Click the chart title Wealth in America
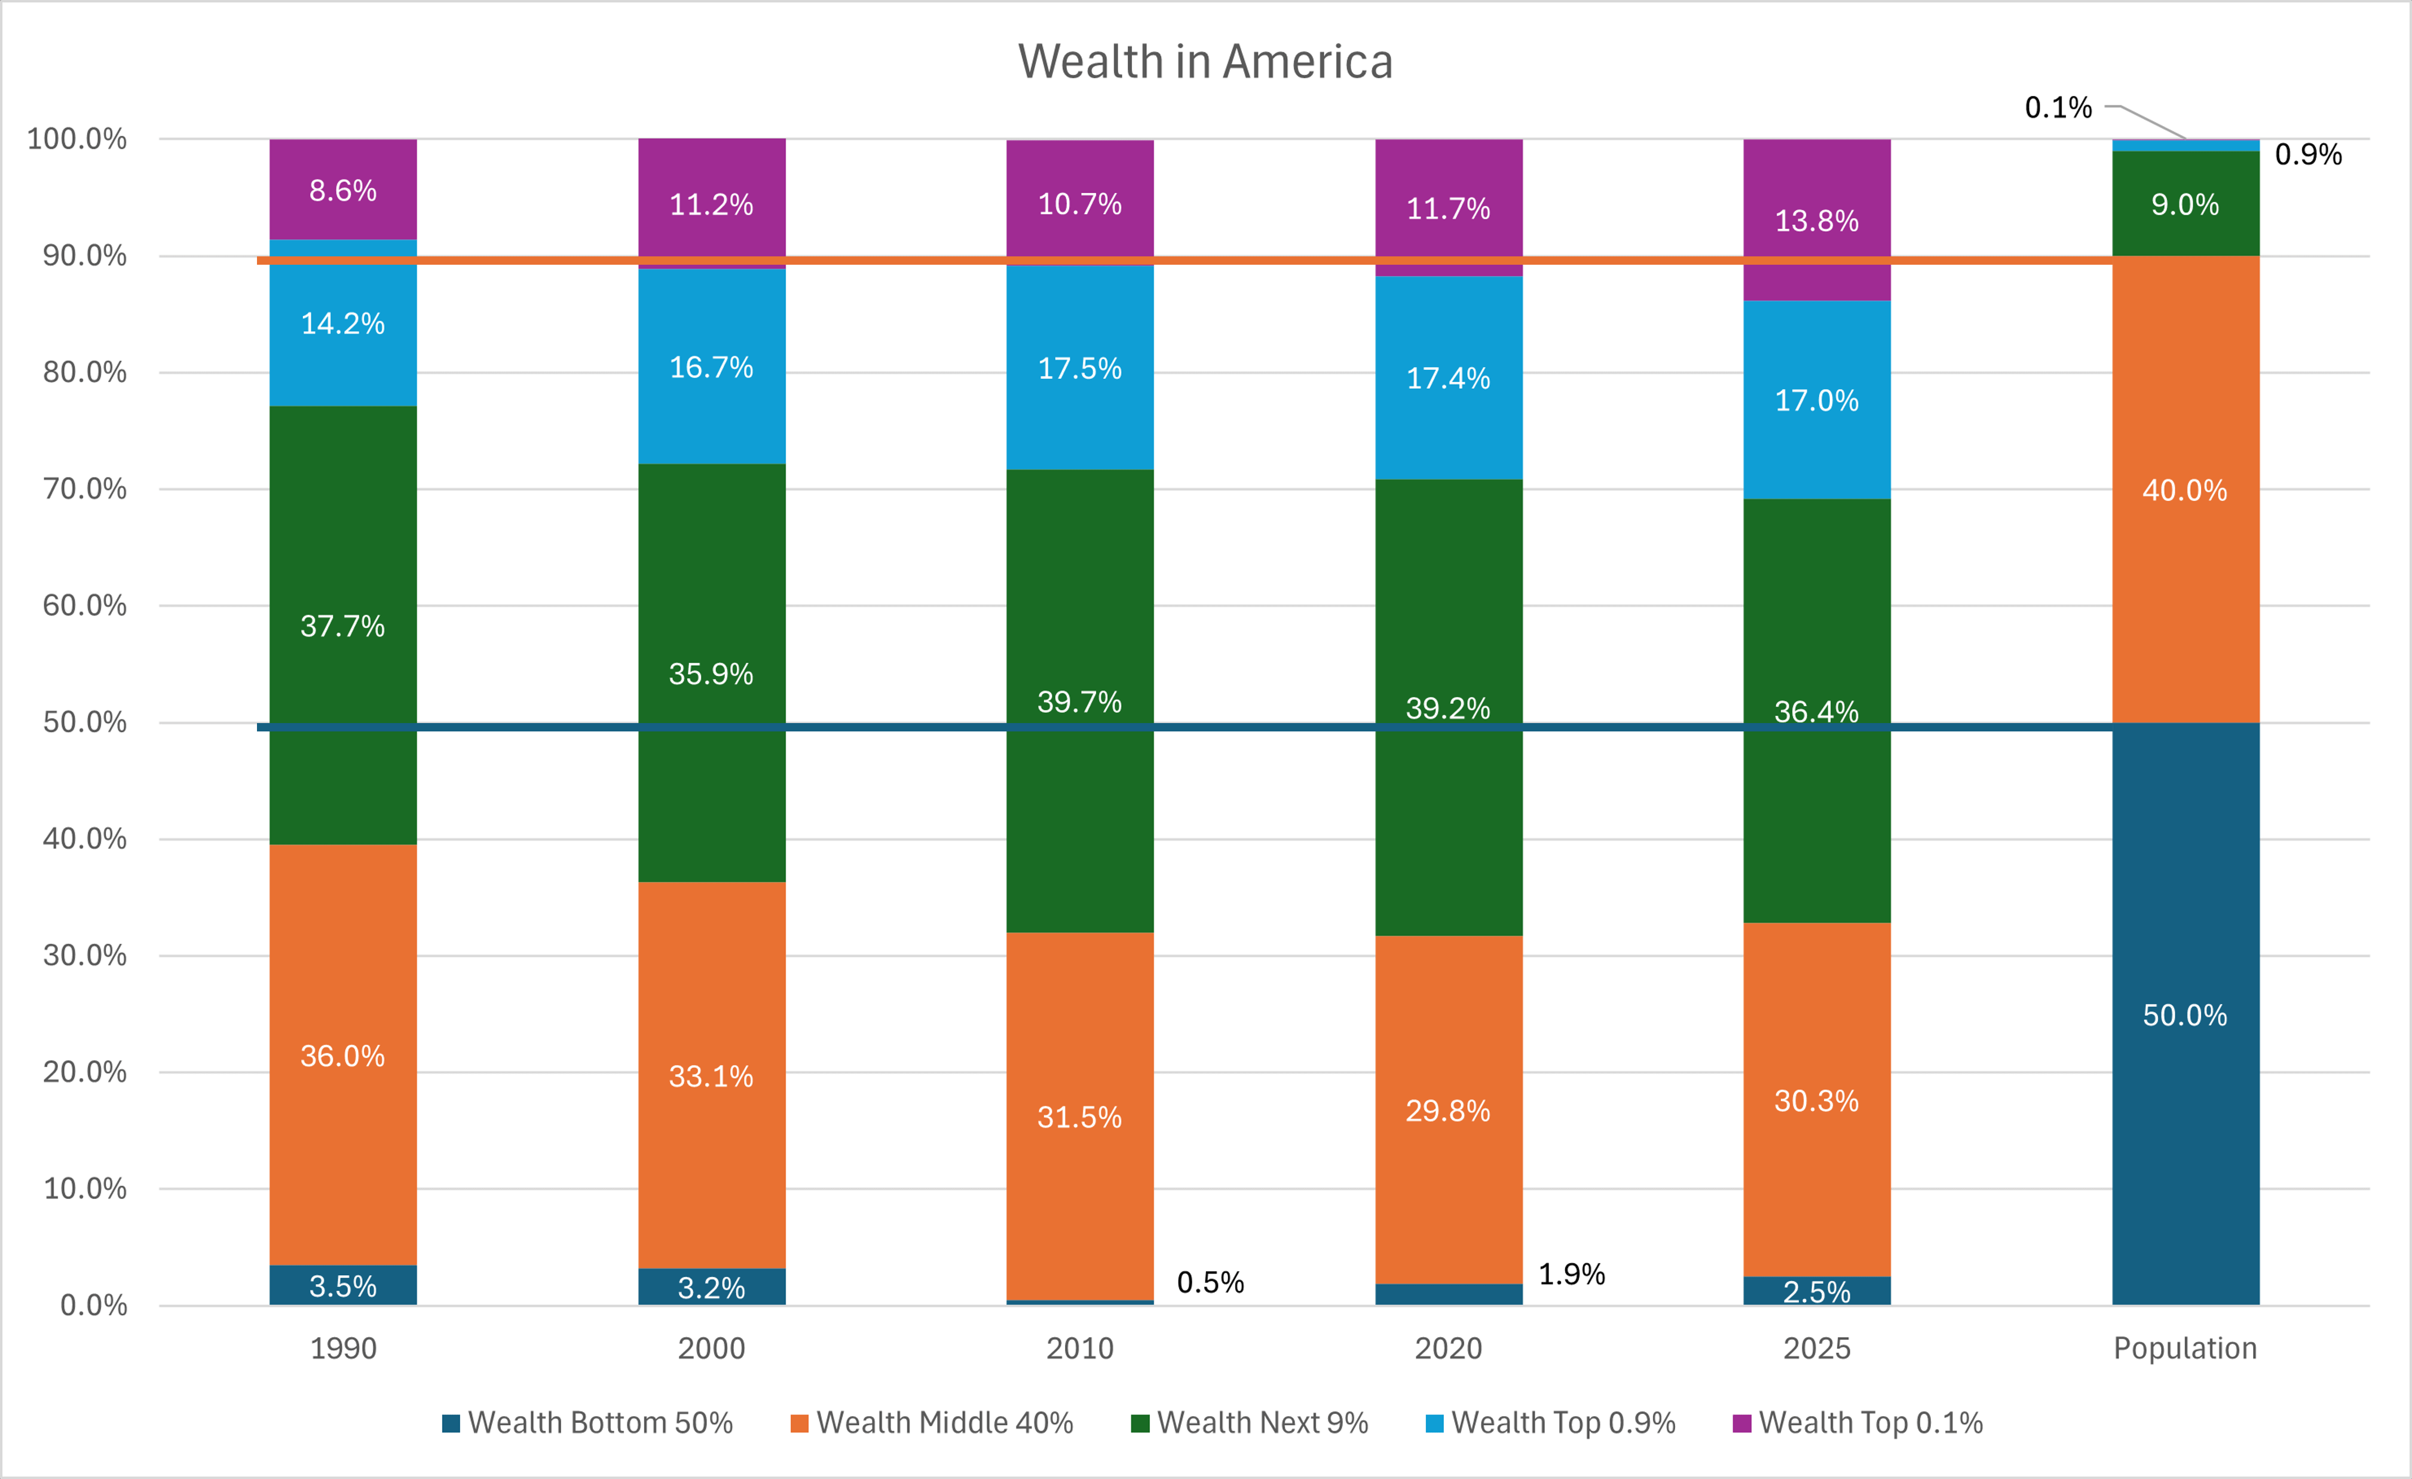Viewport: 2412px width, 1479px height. tap(1205, 62)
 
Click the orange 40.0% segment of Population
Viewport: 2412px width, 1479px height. tap(2185, 489)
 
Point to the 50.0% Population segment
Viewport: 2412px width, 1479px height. tap(2185, 1014)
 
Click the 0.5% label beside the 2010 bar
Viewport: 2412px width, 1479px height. tap(1210, 1282)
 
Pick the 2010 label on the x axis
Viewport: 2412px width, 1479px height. tap(1080, 1348)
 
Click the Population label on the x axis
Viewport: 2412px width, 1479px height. tap(2185, 1348)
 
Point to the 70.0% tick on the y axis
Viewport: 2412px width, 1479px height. tap(85, 488)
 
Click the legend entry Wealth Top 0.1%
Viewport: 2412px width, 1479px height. tap(1858, 1422)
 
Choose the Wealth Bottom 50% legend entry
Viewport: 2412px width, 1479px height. tap(587, 1422)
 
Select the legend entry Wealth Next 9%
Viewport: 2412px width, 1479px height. tap(1250, 1422)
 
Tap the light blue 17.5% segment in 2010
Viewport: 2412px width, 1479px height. tap(1080, 368)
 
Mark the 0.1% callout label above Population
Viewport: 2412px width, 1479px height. tap(2058, 108)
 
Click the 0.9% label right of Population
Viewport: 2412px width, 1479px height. tap(2307, 155)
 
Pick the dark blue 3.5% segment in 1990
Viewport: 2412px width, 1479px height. tap(342, 1285)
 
